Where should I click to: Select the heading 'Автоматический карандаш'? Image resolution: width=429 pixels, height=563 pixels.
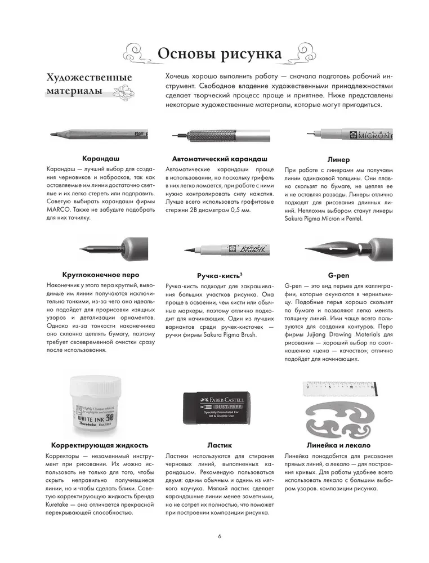pos(219,159)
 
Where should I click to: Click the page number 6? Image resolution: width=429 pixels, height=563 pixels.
pos(219,537)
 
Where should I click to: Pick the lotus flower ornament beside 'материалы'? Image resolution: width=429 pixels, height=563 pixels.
pos(122,92)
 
